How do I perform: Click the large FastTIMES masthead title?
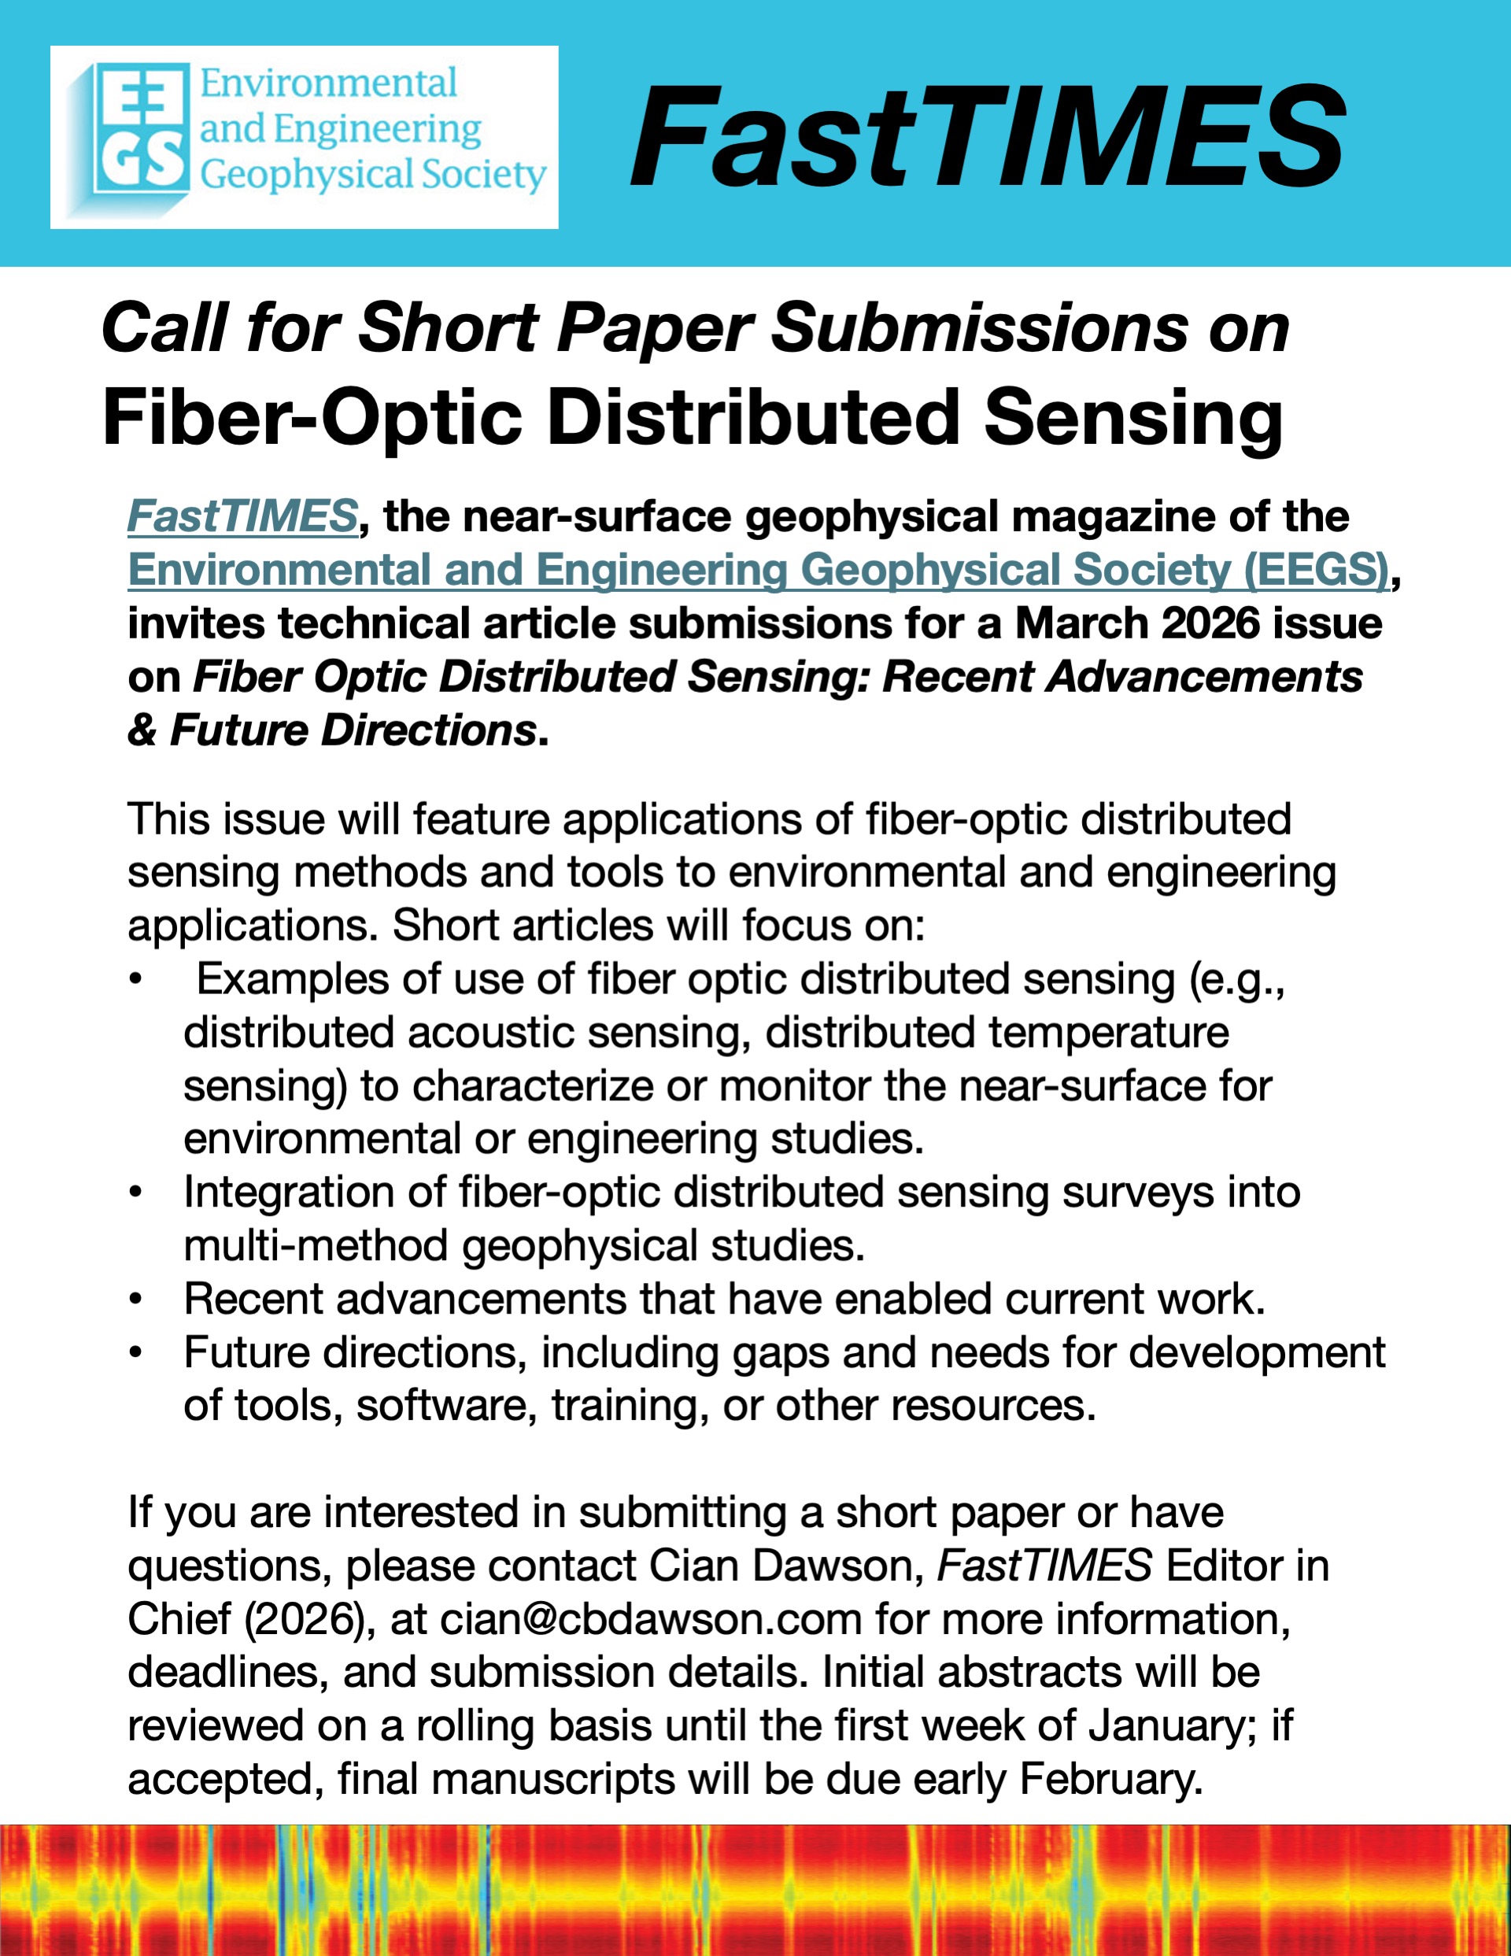pos(986,136)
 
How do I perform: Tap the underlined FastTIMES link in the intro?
pos(242,517)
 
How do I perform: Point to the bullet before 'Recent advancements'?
pos(135,1300)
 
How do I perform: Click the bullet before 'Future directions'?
pos(135,1352)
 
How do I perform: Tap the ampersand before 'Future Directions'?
pos(142,730)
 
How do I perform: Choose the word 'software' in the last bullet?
pos(446,1406)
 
